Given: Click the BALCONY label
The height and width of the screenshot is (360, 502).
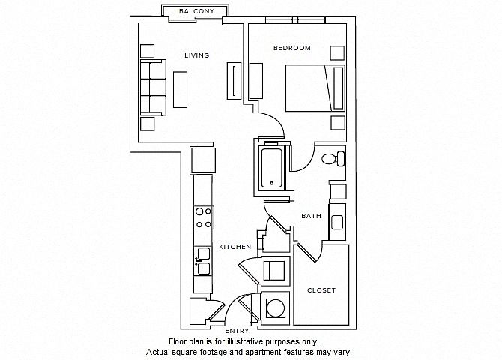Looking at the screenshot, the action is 196,11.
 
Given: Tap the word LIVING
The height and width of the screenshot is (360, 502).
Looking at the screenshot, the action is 196,55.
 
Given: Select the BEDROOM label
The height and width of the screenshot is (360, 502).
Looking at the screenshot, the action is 292,48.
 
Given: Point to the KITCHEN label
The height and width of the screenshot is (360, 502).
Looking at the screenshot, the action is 235,247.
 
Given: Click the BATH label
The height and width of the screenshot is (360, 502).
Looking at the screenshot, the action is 311,216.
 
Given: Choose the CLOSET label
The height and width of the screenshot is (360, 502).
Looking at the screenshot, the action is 321,290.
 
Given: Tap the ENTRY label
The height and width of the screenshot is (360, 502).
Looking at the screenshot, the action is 237,331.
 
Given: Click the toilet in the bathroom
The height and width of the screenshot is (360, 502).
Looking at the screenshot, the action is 333,159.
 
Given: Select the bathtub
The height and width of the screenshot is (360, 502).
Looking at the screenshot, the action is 272,168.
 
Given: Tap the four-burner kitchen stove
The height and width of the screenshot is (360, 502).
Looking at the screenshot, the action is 203,217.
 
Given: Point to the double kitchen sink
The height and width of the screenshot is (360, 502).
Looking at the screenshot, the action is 203,261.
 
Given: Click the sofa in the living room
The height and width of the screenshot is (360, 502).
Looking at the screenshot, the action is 153,88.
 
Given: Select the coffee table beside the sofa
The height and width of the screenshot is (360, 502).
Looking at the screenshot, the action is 181,89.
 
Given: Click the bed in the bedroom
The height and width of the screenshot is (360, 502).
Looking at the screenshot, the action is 315,88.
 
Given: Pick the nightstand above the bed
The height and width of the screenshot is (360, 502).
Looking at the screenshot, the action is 337,53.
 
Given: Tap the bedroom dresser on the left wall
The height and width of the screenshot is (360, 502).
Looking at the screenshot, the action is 256,81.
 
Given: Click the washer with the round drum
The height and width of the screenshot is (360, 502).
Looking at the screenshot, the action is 275,308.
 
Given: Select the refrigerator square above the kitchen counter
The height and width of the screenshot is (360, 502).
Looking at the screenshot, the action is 202,160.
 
